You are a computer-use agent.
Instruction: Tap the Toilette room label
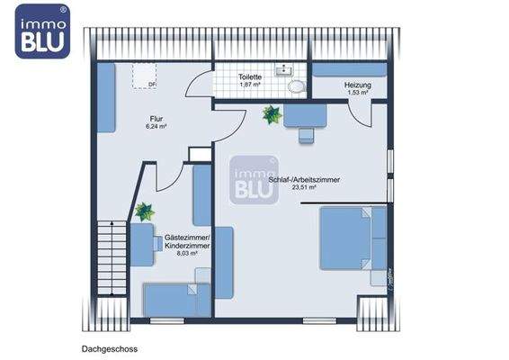coord(250,77)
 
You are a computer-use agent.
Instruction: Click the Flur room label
coord(157,118)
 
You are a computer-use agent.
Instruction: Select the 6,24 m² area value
coord(158,127)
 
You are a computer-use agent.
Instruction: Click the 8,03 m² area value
coord(187,254)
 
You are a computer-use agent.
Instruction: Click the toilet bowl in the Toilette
coord(296,87)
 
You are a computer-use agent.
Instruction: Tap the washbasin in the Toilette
coord(286,68)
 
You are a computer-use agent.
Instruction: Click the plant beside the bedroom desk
coord(271,114)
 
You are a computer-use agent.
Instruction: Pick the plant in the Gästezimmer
coord(144,212)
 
